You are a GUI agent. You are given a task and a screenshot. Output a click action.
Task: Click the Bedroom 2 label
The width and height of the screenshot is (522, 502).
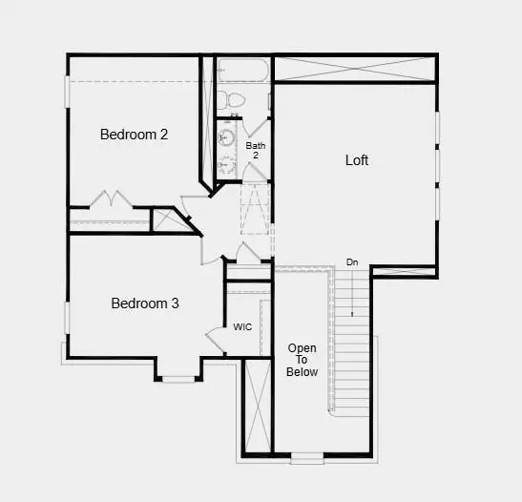(134, 135)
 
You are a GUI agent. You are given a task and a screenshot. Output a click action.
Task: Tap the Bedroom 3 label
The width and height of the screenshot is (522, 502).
(145, 303)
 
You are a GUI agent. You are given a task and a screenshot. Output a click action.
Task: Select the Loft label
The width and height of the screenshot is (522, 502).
(357, 160)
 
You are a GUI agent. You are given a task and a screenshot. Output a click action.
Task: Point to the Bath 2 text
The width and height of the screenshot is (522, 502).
(255, 150)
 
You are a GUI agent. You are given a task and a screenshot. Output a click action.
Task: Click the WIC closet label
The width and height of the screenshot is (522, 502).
(242, 326)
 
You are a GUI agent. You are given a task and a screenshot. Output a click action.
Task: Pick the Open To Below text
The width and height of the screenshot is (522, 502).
(303, 360)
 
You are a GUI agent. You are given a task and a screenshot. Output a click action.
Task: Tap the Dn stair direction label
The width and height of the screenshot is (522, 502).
(352, 261)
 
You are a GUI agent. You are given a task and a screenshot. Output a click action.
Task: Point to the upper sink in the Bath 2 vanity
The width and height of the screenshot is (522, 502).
(226, 138)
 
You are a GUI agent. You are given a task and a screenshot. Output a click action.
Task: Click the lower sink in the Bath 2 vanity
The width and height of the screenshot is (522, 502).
(225, 165)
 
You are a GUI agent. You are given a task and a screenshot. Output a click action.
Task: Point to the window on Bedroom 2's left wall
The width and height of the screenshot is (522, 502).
(68, 92)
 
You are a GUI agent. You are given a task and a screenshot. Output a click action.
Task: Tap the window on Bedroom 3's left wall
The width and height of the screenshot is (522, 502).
(68, 319)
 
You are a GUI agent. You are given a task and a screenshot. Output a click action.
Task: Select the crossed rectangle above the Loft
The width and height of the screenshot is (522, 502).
(355, 69)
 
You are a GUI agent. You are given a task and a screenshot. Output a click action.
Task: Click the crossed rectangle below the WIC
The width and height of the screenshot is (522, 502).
(257, 405)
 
